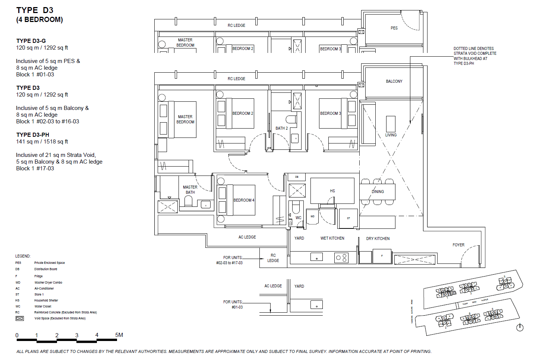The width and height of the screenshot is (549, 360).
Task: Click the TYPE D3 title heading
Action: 35,10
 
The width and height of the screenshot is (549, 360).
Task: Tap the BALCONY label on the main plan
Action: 394,81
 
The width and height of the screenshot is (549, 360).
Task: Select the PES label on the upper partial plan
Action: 394,28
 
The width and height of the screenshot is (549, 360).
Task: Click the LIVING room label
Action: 391,135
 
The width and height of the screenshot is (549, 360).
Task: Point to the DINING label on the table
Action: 378,192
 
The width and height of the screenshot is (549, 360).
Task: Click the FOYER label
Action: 458,245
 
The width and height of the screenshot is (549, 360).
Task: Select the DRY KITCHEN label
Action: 378,239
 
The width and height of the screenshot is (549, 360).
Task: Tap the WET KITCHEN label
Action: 332,238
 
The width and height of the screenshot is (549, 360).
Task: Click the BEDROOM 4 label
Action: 244,200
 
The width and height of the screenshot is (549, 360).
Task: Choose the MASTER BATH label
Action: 190,190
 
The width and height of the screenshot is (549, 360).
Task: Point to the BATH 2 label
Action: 281,128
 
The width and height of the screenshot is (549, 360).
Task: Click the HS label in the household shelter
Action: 332,191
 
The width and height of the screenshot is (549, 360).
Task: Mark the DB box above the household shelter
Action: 297,177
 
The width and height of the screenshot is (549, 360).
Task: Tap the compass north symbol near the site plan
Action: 520,328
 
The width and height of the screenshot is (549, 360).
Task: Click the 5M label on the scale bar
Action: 119,335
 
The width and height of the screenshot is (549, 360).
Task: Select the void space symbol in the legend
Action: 20,318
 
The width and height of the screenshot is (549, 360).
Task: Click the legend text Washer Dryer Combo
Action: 48,282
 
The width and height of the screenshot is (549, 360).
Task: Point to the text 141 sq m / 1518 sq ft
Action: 42,142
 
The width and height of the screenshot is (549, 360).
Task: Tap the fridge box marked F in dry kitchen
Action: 382,256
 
